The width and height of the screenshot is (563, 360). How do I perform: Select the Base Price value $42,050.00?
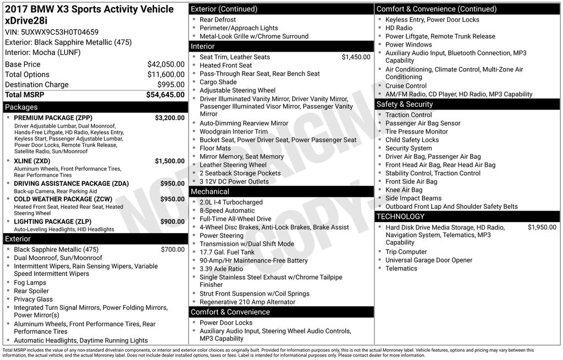click(x=165, y=64)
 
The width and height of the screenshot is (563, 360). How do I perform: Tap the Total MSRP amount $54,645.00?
click(x=165, y=95)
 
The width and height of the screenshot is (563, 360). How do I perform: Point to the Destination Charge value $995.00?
click(x=170, y=85)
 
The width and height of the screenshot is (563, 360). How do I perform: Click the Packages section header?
click(x=21, y=107)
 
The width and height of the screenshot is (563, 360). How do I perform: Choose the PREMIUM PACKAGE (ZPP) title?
click(x=53, y=118)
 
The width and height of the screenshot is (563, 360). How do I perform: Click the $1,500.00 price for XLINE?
click(x=169, y=161)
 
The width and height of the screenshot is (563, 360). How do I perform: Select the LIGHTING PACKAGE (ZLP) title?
click(x=52, y=221)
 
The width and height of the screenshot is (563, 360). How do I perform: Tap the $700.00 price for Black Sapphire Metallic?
click(x=173, y=250)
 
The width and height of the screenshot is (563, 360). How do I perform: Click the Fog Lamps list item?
click(x=30, y=283)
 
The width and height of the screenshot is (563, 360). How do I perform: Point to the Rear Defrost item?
click(x=218, y=20)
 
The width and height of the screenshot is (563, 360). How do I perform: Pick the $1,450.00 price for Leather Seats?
click(x=356, y=57)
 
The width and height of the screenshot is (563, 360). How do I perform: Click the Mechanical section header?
click(x=210, y=192)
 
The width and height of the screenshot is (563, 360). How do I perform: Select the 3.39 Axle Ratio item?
click(x=221, y=269)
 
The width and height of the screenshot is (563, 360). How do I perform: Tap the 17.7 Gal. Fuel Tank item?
click(x=227, y=252)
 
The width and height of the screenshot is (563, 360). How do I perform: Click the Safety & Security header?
click(x=405, y=104)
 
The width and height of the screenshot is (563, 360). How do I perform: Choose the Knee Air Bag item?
click(x=404, y=190)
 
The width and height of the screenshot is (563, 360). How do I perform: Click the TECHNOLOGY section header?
click(x=400, y=217)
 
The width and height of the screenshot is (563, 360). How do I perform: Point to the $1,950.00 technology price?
click(x=542, y=227)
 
